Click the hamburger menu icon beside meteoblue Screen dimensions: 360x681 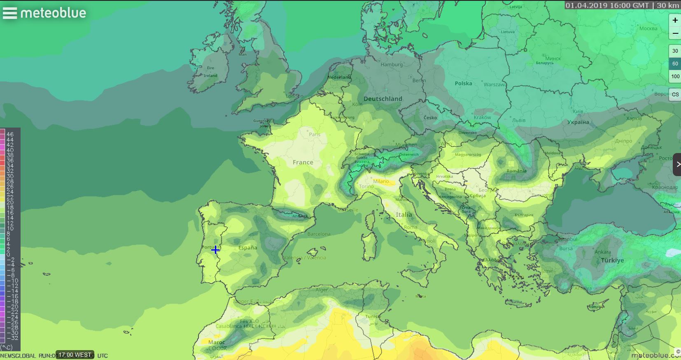10,13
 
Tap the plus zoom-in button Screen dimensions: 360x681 675,20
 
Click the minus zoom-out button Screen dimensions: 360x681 675,33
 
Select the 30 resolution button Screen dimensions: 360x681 675,51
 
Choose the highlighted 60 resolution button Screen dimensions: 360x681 675,64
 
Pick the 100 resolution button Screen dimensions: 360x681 675,76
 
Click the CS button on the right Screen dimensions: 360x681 675,94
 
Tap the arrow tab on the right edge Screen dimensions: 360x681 677,165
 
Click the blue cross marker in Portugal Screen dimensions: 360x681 215,249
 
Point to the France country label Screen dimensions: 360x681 303,163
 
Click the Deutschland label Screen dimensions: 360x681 382,99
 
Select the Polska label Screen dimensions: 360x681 463,84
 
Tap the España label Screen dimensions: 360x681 247,248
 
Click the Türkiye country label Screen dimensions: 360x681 612,260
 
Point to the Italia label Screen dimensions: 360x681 403,215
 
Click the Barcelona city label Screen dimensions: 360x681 319,234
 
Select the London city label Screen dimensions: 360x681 294,96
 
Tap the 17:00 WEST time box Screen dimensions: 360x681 75,355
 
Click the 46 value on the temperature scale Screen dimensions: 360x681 10,134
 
